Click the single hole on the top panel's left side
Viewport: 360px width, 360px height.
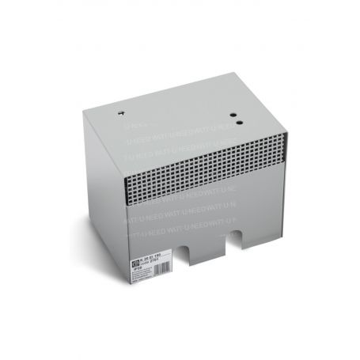[x=121, y=113]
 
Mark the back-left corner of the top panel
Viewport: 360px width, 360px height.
[x=83, y=111]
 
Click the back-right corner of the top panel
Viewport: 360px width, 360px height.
[x=235, y=74]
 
